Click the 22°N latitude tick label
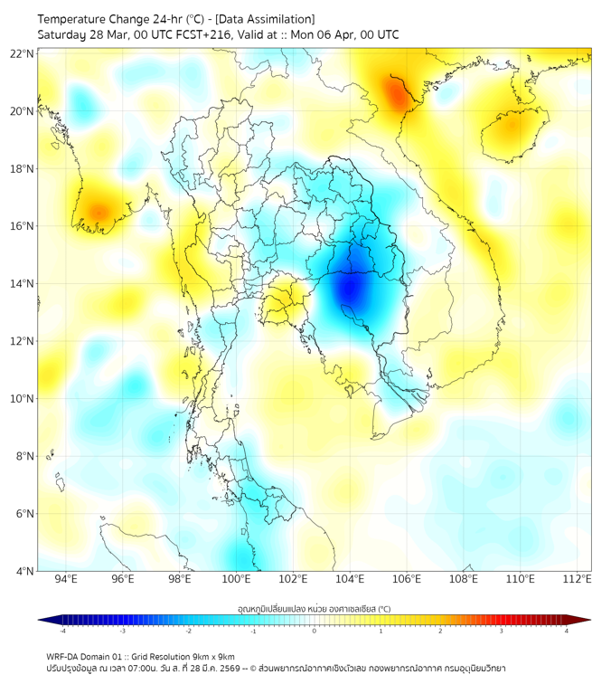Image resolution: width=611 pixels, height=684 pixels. (23, 53)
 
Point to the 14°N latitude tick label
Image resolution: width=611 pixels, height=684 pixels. (23, 283)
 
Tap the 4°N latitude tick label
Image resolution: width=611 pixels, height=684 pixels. (24, 571)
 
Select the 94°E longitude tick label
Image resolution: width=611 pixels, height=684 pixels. (66, 579)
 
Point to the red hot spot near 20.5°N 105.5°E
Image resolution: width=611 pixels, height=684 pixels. (396, 92)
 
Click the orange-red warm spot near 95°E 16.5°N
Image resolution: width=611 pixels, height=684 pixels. (97, 214)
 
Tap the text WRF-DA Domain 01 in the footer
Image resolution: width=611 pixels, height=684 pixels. (89, 656)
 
